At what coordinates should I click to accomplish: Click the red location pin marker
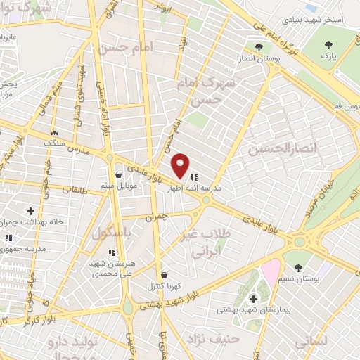point(181,165)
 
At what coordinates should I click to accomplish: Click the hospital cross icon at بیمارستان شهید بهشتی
point(253,298)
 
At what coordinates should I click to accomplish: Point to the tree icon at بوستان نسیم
point(300,268)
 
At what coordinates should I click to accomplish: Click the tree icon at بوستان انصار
point(259,47)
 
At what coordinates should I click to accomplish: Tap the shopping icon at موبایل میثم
point(118,174)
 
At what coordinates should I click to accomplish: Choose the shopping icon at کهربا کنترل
point(164,275)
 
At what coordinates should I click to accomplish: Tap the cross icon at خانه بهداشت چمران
point(30,211)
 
